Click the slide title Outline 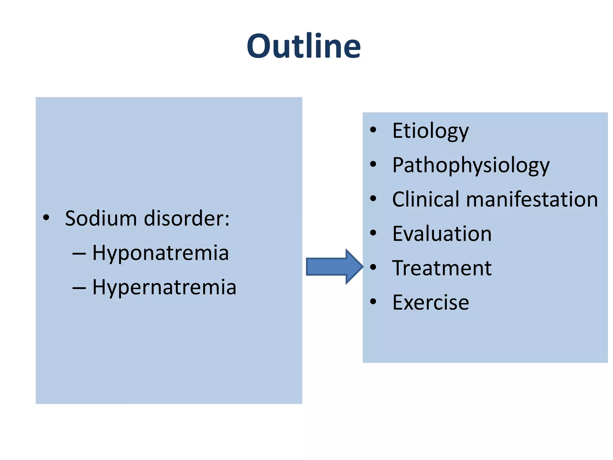(304, 46)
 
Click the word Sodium (101, 218)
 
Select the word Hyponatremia (160, 253)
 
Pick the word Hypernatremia (164, 287)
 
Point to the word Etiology (430, 131)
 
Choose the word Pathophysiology (471, 165)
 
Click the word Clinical (425, 199)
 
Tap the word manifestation (532, 199)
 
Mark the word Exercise (430, 302)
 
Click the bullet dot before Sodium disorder (46, 218)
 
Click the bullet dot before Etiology (373, 130)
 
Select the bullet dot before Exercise (373, 301)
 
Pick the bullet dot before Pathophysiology (373, 164)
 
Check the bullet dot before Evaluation (373, 233)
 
